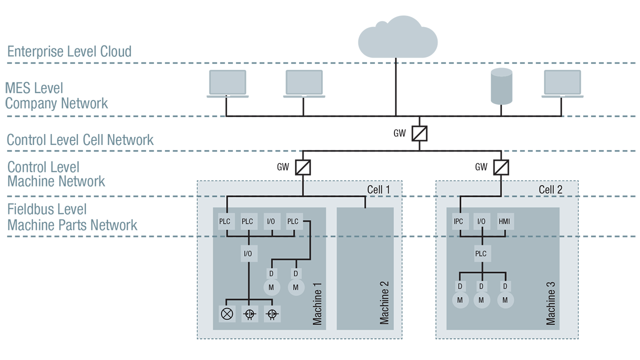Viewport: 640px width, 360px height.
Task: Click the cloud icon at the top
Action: point(397,37)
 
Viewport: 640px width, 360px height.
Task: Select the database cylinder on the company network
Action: point(501,86)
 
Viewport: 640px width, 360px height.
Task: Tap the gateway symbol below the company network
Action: point(419,133)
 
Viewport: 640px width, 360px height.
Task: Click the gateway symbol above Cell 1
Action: point(302,167)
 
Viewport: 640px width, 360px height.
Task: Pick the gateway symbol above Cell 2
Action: point(501,167)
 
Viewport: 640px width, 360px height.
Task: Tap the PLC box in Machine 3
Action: point(480,253)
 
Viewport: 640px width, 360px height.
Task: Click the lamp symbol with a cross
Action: point(227,314)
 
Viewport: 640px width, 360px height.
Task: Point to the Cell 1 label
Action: point(378,189)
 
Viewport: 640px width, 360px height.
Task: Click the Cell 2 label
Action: point(550,189)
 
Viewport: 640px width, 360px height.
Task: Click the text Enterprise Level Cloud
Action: point(69,51)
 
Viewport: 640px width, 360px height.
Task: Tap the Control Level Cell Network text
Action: point(80,139)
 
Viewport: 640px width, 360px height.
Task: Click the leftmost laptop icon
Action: point(227,83)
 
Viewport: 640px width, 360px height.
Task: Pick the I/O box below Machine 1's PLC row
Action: point(247,253)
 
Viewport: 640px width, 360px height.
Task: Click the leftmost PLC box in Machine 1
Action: point(226,221)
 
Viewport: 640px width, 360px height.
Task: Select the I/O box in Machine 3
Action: point(481,221)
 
